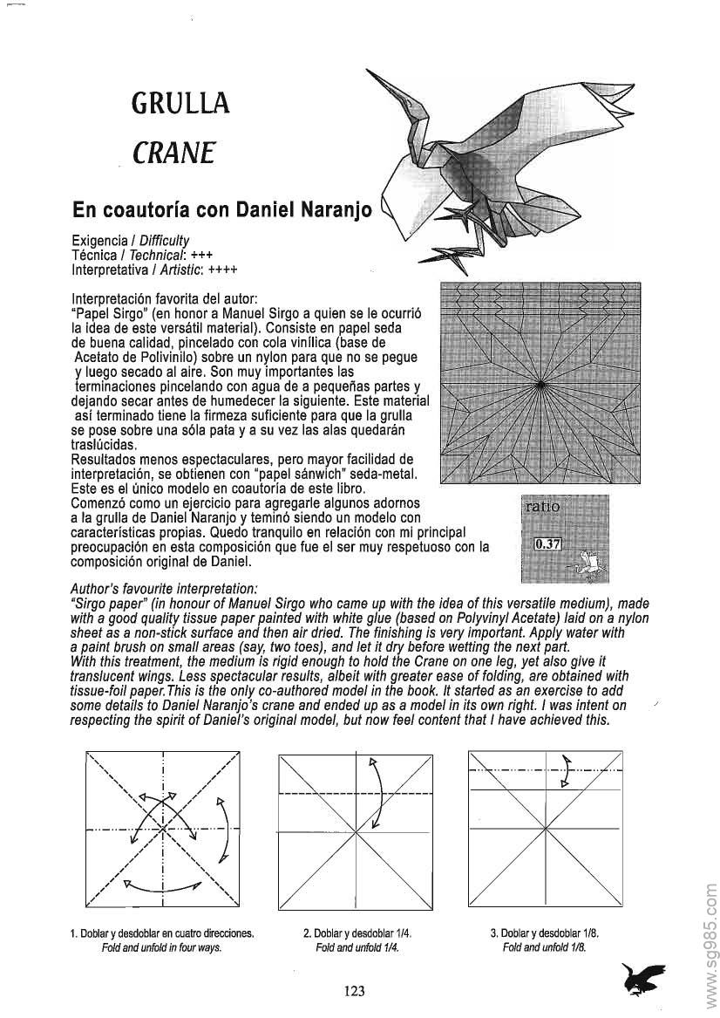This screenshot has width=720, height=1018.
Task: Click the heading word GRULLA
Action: pyautogui.click(x=180, y=104)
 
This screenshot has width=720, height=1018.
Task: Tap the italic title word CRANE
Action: pyautogui.click(x=173, y=153)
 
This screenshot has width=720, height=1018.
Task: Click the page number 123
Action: pyautogui.click(x=354, y=990)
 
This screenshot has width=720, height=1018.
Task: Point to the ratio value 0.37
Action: pyautogui.click(x=547, y=544)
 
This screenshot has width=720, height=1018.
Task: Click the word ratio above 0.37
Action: pyautogui.click(x=541, y=506)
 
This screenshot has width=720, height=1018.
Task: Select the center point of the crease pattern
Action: pyautogui.click(x=540, y=384)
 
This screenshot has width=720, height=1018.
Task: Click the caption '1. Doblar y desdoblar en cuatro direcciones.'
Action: pyautogui.click(x=162, y=933)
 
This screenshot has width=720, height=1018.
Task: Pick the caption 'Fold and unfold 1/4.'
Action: pyautogui.click(x=357, y=948)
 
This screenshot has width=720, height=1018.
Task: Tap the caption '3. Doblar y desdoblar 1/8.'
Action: pyautogui.click(x=545, y=933)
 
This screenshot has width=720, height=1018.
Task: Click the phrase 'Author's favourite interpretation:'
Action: pyautogui.click(x=162, y=589)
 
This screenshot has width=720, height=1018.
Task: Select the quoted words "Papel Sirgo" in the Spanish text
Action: pyautogui.click(x=103, y=311)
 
